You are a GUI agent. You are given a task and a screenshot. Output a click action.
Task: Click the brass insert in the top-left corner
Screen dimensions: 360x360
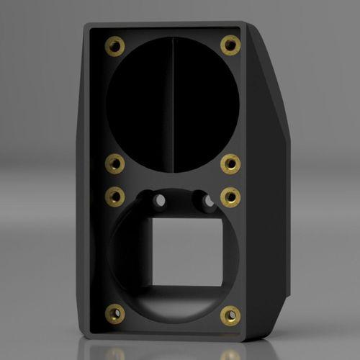[114, 47]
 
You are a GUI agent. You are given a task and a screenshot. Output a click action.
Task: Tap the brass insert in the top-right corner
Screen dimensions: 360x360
[230, 45]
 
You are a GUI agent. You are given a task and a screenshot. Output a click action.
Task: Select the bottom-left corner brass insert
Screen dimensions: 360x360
[114, 313]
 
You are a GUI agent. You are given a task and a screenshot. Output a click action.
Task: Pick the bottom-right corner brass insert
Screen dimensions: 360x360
[230, 315]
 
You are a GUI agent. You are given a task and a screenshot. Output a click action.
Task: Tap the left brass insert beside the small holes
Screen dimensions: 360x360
[114, 196]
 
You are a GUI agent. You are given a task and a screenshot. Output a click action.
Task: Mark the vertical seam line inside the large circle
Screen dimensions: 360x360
[173, 101]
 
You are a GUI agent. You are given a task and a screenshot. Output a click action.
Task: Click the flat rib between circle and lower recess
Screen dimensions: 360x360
[173, 181]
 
